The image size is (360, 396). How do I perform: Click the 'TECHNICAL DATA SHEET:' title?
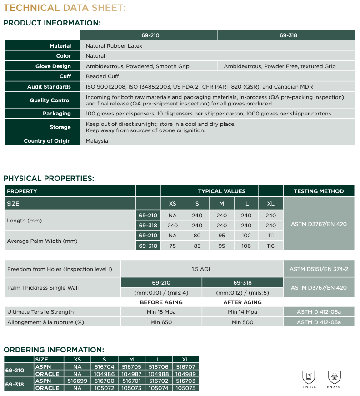coord(65,8)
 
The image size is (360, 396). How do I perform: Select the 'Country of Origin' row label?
coord(47,141)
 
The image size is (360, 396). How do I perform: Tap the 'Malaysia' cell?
coord(97,141)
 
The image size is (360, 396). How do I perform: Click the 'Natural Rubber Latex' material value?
coord(114,46)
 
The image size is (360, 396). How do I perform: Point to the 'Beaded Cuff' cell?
coord(102,76)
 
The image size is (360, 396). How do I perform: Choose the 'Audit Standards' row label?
coord(49,87)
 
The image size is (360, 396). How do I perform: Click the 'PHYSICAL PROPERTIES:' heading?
coord(49,178)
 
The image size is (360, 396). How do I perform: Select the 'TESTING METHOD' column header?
coord(319,191)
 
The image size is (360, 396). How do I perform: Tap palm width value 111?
coord(271,236)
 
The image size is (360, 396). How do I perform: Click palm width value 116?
coord(271,246)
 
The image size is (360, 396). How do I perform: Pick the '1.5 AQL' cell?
coord(201,269)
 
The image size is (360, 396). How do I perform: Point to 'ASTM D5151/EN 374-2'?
coord(319,269)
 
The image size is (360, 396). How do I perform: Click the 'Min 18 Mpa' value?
coord(161,312)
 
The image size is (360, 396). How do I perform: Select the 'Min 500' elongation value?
coord(242,322)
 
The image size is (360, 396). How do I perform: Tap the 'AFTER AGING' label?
coord(243,302)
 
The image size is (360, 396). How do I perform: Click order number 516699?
coord(77,381)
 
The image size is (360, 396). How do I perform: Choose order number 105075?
coord(185,388)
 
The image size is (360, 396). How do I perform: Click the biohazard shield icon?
coord(334,376)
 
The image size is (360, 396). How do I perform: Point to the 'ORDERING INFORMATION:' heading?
coord(54,350)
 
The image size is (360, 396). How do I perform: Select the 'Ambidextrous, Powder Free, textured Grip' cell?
coord(280,66)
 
